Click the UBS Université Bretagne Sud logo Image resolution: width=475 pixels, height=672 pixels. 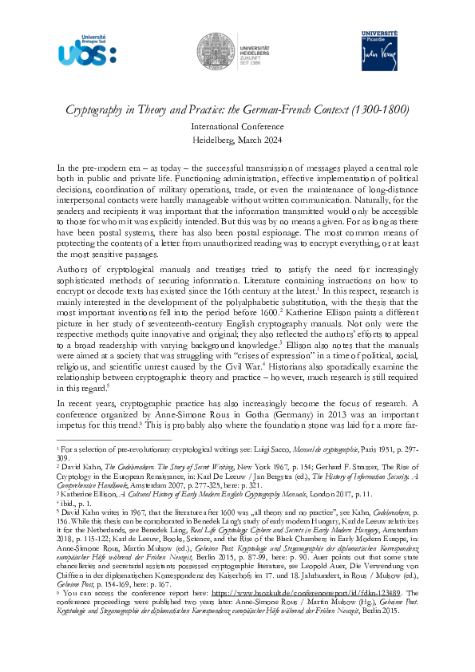87,49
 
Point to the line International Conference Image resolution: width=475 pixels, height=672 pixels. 237,125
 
